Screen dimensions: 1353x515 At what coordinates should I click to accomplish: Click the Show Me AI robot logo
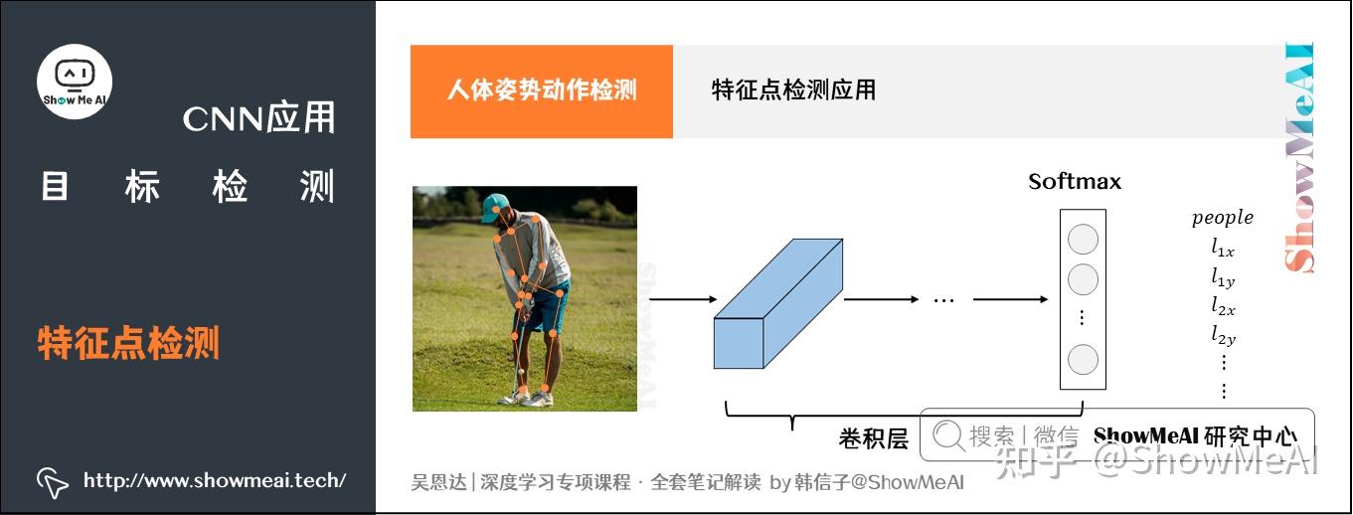pyautogui.click(x=75, y=82)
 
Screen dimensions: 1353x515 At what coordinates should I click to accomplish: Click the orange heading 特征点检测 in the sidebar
pyautogui.click(x=128, y=343)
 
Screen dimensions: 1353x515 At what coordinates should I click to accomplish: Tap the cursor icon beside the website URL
pyautogui.click(x=52, y=482)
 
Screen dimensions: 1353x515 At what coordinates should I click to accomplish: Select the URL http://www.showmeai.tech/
pyautogui.click(x=215, y=480)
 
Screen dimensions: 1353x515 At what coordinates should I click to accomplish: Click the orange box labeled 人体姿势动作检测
pyautogui.click(x=541, y=91)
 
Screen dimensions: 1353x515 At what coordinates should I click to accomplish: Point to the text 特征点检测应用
pyautogui.click(x=793, y=89)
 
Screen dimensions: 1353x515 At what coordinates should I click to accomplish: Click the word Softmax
pyautogui.click(x=1075, y=181)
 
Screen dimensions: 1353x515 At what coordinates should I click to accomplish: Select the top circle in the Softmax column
pyautogui.click(x=1083, y=239)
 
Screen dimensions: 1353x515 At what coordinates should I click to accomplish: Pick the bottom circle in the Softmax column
pyautogui.click(x=1083, y=360)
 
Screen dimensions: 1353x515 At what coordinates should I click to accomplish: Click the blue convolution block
pyautogui.click(x=778, y=303)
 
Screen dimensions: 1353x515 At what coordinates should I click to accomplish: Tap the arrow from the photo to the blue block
pyautogui.click(x=683, y=299)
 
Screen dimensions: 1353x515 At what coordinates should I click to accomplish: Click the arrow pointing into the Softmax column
pyautogui.click(x=1010, y=299)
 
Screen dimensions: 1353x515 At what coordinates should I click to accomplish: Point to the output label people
pyautogui.click(x=1223, y=218)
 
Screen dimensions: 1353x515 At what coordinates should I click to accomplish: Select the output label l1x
pyautogui.click(x=1223, y=247)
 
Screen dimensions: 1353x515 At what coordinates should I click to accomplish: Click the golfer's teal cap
pyautogui.click(x=495, y=207)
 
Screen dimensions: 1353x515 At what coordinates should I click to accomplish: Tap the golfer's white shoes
pyautogui.click(x=526, y=398)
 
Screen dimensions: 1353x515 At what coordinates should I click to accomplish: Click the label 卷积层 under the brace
pyautogui.click(x=874, y=438)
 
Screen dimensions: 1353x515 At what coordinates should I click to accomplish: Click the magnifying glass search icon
pyautogui.click(x=948, y=435)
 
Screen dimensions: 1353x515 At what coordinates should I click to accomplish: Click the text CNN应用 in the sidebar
pyautogui.click(x=258, y=117)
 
